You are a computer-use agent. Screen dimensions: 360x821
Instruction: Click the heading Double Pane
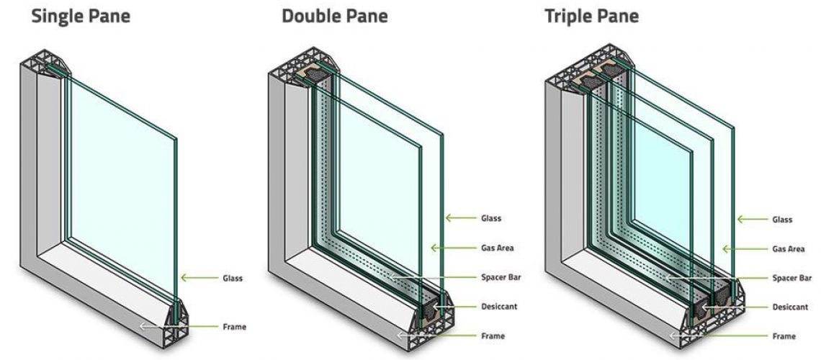click(x=334, y=15)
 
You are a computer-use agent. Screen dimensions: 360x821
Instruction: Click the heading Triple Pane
click(x=591, y=15)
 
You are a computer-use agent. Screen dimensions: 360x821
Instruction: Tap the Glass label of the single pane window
click(x=232, y=277)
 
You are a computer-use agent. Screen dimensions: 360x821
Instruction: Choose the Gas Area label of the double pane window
click(x=497, y=248)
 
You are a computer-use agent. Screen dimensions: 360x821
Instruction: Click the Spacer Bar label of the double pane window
click(x=501, y=277)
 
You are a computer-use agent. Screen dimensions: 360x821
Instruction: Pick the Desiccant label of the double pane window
click(x=498, y=307)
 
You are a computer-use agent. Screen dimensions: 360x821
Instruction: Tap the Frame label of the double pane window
click(x=493, y=336)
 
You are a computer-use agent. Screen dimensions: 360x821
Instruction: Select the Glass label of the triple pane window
click(x=782, y=220)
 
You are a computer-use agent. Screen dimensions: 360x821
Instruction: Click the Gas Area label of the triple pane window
click(x=788, y=249)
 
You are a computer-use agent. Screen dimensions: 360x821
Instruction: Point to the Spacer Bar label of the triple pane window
click(x=791, y=278)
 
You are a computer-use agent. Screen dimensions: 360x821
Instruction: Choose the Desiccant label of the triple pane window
click(x=789, y=307)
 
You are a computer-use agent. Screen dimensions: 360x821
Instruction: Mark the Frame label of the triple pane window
click(x=784, y=336)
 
